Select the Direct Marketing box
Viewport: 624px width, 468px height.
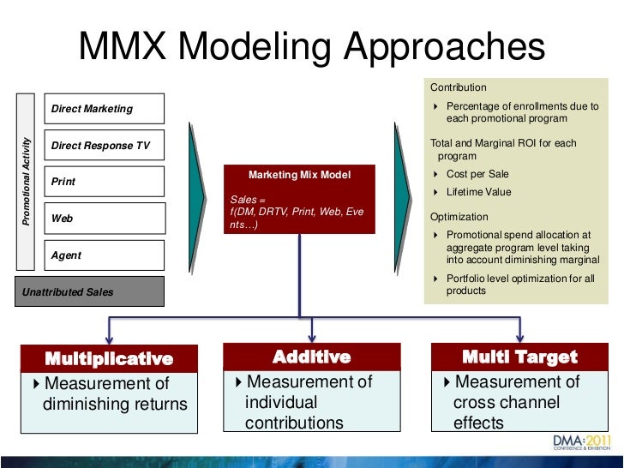(104, 109)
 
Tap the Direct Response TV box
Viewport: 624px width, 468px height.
(104, 146)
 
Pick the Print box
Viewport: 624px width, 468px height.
(104, 182)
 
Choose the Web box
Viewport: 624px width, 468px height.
(104, 219)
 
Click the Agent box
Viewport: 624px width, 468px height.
(104, 255)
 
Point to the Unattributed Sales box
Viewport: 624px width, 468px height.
(90, 292)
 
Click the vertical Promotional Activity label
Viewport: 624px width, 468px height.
(27, 181)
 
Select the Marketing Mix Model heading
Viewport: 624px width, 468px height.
(299, 175)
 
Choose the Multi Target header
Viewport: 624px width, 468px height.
(519, 357)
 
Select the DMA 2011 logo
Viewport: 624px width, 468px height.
(580, 443)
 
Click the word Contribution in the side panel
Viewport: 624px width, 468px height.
(459, 87)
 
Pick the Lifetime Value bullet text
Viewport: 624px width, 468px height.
(478, 192)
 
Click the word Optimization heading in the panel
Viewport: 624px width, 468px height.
(459, 218)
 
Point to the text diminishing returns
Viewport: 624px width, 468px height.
(115, 403)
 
